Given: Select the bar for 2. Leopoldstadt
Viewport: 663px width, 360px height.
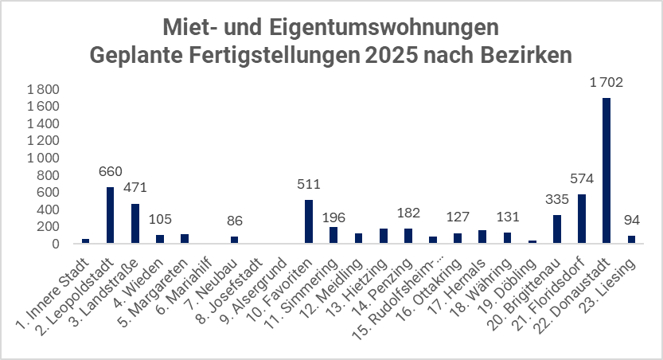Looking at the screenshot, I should coord(110,216).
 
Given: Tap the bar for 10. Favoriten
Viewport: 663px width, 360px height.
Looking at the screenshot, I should coord(309,222).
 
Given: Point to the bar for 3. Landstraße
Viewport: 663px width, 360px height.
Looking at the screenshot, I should coord(135,224).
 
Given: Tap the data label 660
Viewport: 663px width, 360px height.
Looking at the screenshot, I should coord(110,170).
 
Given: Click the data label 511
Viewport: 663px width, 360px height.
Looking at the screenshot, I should coord(309,183).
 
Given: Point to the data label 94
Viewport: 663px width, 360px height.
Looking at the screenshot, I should coord(631,219).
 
